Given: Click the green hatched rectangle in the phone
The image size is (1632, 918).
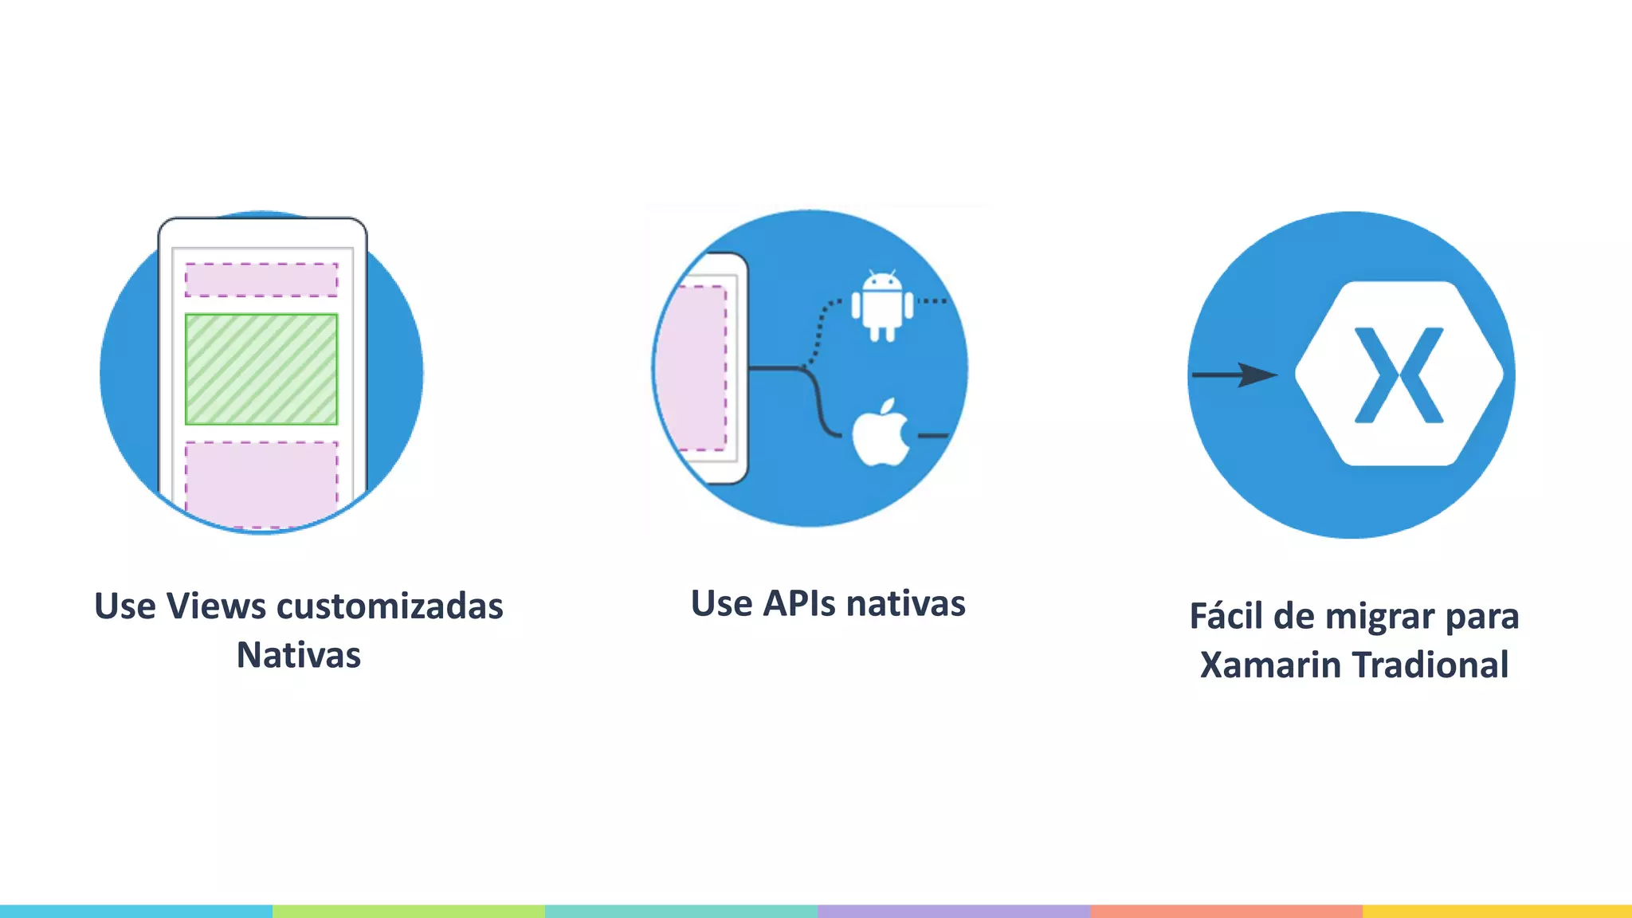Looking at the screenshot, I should (261, 369).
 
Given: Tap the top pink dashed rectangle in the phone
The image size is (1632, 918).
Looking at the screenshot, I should (261, 280).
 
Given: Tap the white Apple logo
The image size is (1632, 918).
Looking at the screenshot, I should (881, 433).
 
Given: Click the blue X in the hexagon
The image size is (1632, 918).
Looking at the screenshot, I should (1399, 375).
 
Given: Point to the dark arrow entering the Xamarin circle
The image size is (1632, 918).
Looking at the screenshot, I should (1234, 375).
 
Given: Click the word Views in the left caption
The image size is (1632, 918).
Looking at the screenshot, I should (216, 606).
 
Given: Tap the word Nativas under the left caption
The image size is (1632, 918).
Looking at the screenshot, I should (299, 656).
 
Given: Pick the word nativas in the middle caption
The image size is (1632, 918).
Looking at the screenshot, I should (906, 604).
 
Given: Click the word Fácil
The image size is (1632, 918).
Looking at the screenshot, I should (1226, 617).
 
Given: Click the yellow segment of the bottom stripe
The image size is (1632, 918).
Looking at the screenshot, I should (1497, 911).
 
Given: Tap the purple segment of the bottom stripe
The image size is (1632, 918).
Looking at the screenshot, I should (953, 911).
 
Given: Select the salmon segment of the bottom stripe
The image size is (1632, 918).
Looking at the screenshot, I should (1226, 911).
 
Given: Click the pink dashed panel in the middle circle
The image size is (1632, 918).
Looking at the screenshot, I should (699, 368).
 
